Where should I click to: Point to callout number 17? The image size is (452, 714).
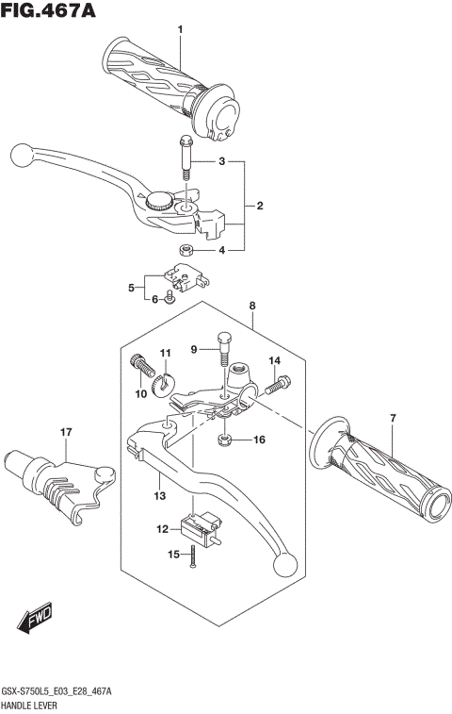point(66,433)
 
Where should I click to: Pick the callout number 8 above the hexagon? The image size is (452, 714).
point(252,306)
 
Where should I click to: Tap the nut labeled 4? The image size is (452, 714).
point(186,250)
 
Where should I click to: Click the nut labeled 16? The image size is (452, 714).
point(225,440)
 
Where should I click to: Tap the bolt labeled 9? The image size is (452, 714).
point(223,349)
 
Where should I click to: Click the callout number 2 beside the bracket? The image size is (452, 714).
point(259,206)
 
